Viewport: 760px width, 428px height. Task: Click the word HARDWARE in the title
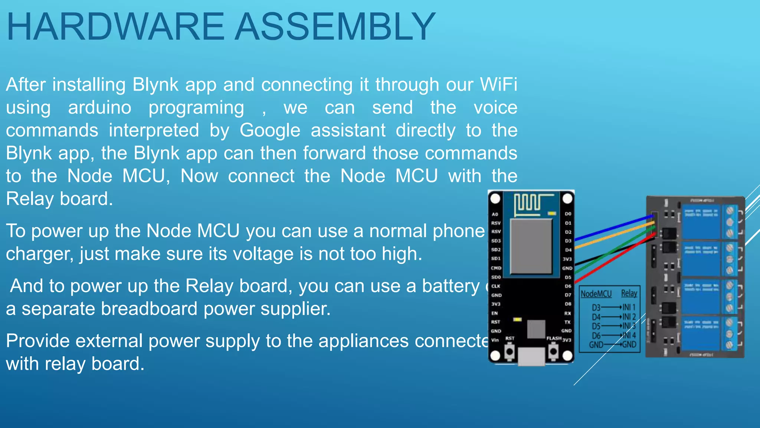coord(115,27)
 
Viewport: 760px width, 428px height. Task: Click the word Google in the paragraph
coord(270,130)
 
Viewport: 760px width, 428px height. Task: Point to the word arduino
coord(99,108)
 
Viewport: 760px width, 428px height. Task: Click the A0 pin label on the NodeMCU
coord(495,214)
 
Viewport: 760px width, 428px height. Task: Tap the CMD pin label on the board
coord(496,268)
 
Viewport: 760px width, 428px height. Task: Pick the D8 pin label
coord(568,304)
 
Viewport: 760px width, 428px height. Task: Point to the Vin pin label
coord(495,340)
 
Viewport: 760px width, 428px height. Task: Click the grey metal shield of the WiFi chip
coord(531,246)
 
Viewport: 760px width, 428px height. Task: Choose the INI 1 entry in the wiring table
coord(629,307)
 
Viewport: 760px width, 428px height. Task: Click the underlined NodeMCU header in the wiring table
coord(596,294)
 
